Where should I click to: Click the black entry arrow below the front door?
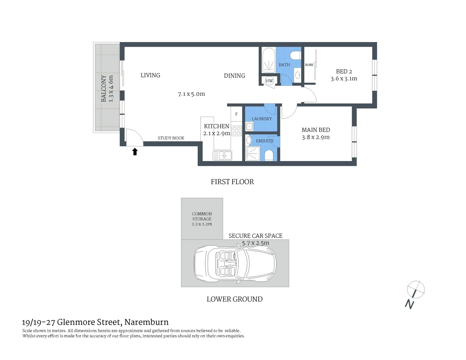(135, 152)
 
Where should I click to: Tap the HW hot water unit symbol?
(269, 81)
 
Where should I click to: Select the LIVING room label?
(150, 75)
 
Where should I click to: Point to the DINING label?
(234, 76)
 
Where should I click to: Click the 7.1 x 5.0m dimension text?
(191, 94)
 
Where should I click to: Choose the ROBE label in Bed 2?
(309, 65)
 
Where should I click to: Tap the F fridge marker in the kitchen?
(236, 114)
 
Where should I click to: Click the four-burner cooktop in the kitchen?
(236, 131)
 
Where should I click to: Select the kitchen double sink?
(222, 156)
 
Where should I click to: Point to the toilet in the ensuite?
(269, 155)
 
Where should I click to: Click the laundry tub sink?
(249, 127)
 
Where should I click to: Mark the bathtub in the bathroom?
(268, 60)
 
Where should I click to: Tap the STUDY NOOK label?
(171, 138)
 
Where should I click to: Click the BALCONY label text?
(104, 88)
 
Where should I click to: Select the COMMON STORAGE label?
(202, 216)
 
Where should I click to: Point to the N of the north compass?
(410, 304)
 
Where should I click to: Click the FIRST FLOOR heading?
(232, 182)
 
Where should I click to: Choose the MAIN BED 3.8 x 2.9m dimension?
(316, 137)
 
